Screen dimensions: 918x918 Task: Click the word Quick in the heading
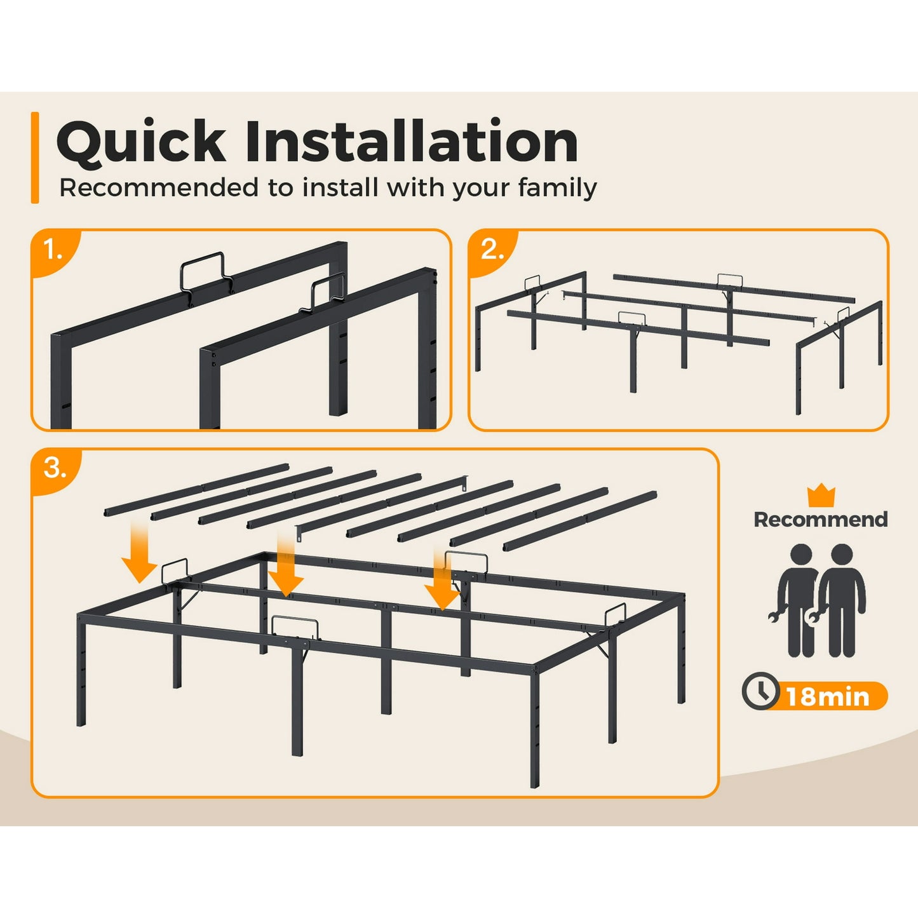[140, 142]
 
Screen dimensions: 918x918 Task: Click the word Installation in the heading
[412, 141]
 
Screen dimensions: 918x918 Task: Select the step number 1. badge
[53, 251]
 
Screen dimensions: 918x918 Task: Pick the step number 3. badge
[54, 469]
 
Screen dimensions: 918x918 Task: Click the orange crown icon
[821, 496]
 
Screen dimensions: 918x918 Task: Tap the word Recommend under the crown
[821, 520]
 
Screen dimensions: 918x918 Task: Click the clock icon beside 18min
[760, 691]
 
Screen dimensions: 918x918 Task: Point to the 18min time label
[828, 697]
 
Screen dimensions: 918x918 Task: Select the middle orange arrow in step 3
[286, 565]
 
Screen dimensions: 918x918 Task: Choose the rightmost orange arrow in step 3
[442, 579]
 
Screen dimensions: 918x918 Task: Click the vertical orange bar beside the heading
[35, 158]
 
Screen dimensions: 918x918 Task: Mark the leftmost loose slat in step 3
[197, 489]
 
